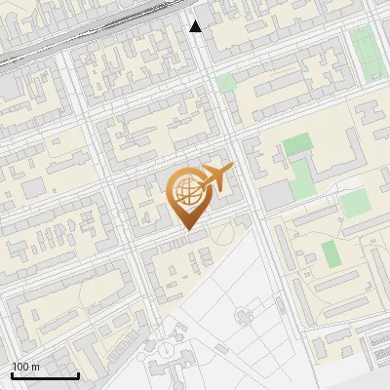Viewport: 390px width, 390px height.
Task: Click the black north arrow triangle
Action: click(x=196, y=26)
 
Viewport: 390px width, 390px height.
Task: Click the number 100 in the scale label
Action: click(x=20, y=367)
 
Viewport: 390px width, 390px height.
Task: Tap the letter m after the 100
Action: click(x=35, y=367)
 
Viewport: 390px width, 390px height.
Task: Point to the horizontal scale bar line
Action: click(x=45, y=375)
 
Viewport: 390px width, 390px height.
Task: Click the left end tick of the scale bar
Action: click(x=12, y=374)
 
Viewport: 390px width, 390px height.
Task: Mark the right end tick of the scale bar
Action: click(x=78, y=374)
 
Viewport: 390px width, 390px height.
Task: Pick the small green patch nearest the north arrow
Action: click(x=226, y=82)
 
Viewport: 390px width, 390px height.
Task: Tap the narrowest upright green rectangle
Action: click(x=331, y=253)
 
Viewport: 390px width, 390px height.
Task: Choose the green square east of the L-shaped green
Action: click(x=354, y=203)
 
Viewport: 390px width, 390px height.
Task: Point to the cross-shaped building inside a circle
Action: click(x=175, y=349)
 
